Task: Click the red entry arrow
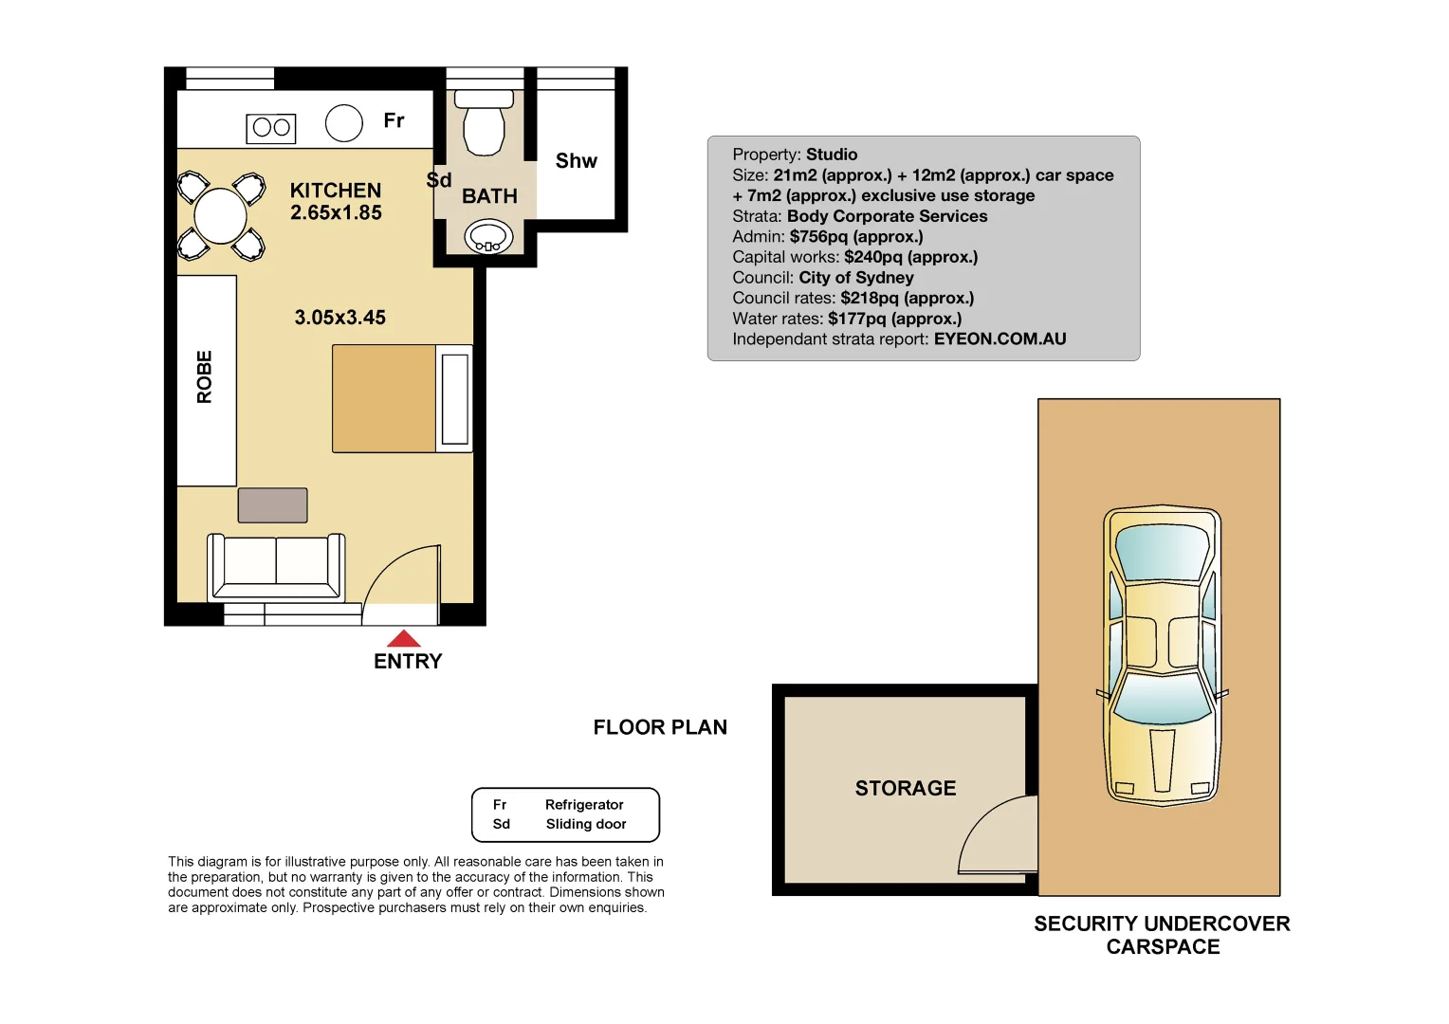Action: point(404,639)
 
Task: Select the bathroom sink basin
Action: point(488,236)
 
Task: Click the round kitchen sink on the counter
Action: point(343,123)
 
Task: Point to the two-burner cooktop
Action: point(271,128)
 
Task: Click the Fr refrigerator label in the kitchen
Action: point(394,120)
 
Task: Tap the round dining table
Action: point(220,216)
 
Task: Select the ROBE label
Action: point(205,377)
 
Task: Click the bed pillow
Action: point(455,399)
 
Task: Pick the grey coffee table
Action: point(272,505)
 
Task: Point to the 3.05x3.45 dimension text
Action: point(339,318)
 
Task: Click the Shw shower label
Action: point(576,161)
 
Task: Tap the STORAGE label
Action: point(905,789)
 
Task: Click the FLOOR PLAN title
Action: point(660,727)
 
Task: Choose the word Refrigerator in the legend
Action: point(584,805)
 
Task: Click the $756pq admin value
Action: point(855,237)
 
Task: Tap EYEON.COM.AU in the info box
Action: point(1000,339)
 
